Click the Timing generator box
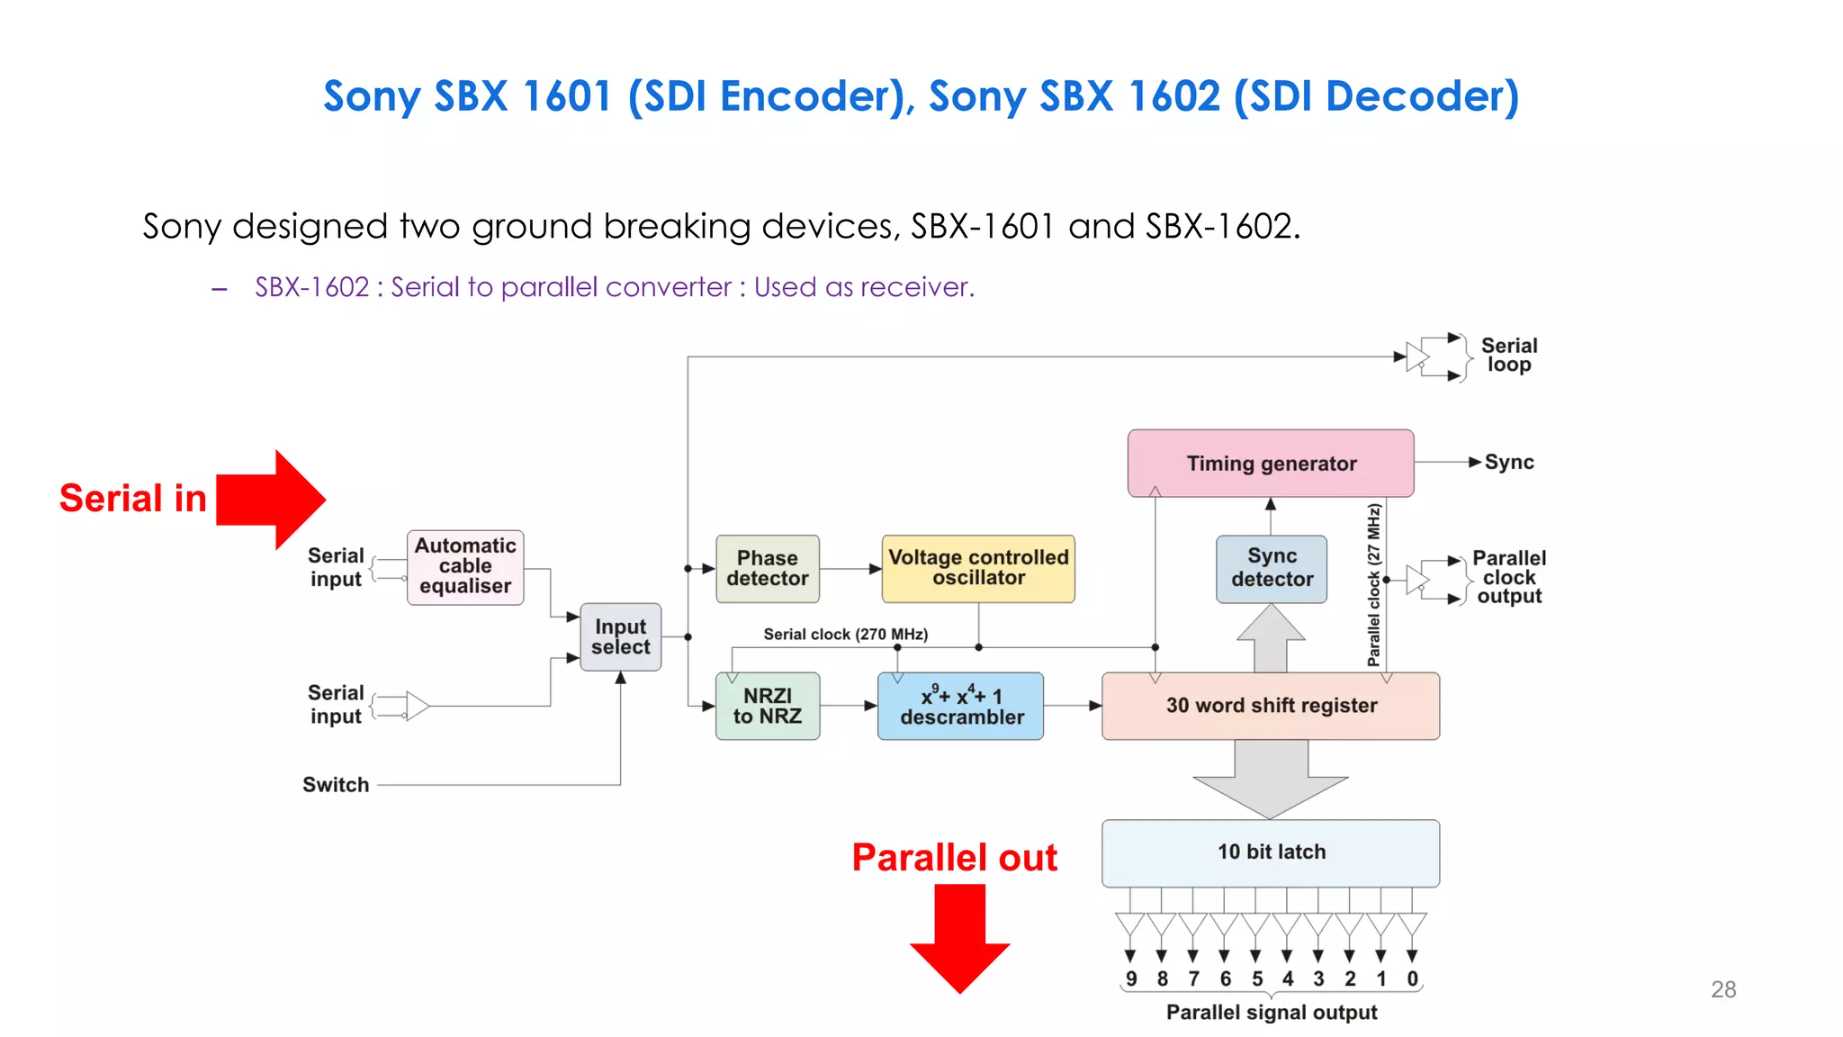coord(1270,463)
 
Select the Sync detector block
coord(1271,568)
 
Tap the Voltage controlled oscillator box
coord(978,568)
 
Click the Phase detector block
coord(767,568)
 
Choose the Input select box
coord(620,636)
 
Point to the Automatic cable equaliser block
coord(465,566)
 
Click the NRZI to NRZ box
coord(767,706)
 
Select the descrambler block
coord(960,706)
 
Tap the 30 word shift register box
coord(1270,706)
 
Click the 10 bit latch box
coord(1270,852)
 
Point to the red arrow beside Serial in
coord(271,500)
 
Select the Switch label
coord(336,785)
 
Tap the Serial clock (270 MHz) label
coord(845,634)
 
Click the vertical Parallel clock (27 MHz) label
coord(1373,585)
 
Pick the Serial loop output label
coord(1509,356)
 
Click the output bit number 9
coord(1131,978)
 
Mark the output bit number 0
coord(1412,978)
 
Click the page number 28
coord(1722,989)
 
